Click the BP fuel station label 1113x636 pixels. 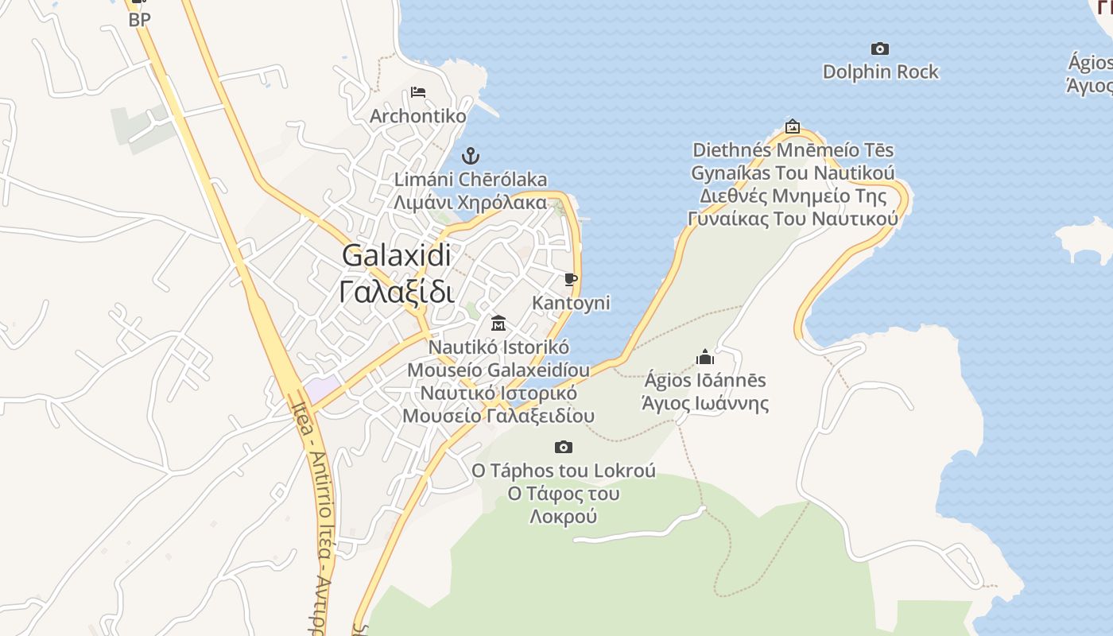point(139,20)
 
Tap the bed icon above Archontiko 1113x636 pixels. point(418,92)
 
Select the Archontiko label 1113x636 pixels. point(418,116)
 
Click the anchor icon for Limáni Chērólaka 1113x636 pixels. point(471,155)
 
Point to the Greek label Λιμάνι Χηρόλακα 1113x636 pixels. point(471,202)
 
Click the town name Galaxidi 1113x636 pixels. point(397,255)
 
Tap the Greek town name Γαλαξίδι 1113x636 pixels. point(397,291)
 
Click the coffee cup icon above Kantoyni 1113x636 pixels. point(570,279)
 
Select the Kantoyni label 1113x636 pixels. point(571,303)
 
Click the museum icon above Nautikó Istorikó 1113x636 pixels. point(498,323)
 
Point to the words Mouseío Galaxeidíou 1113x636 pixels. point(498,370)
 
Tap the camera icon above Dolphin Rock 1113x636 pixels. point(879,48)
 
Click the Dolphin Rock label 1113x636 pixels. point(880,72)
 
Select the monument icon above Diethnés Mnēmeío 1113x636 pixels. point(793,126)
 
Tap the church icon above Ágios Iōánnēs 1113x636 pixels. point(704,357)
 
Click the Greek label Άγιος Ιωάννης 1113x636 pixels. point(705,403)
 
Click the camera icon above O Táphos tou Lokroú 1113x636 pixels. point(564,447)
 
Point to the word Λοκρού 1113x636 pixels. point(563,517)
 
